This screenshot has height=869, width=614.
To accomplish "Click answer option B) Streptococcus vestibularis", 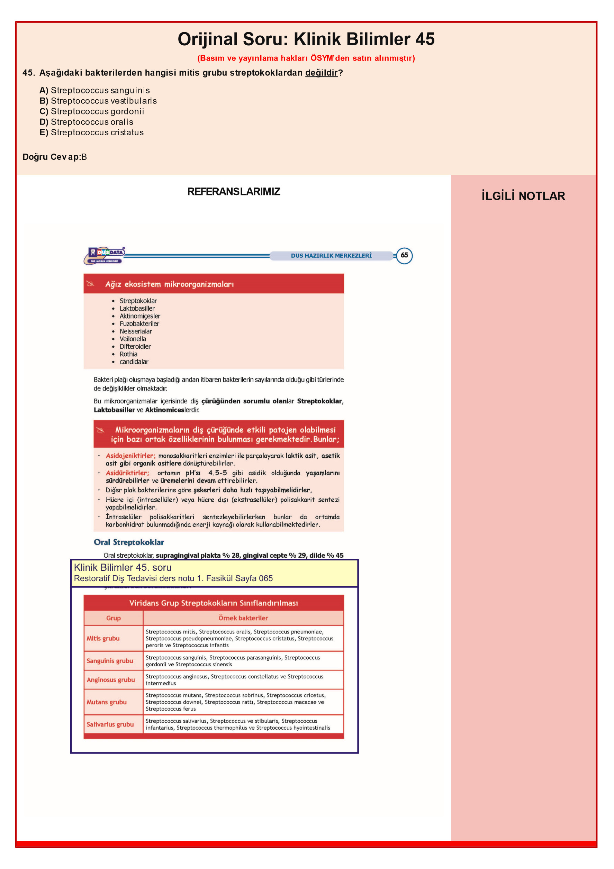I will (98, 101).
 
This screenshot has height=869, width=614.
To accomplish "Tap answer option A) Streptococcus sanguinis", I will (94, 90).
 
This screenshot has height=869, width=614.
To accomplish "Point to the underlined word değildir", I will (321, 73).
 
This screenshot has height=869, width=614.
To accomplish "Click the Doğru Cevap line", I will (55, 157).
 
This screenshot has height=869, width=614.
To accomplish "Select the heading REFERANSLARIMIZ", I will (234, 192).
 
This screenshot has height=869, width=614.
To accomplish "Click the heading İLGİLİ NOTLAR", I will (523, 196).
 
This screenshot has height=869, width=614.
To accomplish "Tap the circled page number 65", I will (404, 256).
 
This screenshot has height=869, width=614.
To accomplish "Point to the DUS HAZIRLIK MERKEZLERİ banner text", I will (331, 256).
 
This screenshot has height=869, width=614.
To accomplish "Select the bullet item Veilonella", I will (133, 339).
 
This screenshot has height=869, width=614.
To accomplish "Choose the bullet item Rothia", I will (128, 354).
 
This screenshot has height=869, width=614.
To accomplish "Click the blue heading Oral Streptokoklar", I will (129, 542).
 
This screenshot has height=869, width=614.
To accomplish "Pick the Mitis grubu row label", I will (103, 638).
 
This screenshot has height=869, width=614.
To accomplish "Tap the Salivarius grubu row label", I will (110, 724).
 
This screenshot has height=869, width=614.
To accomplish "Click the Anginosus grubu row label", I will (111, 679).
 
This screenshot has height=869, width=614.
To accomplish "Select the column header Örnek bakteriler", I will (243, 618).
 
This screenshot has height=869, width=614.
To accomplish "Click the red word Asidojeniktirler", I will (130, 456).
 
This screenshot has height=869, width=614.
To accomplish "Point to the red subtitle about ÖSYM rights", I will (306, 58).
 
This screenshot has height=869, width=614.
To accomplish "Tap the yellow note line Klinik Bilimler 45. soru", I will (123, 567).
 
